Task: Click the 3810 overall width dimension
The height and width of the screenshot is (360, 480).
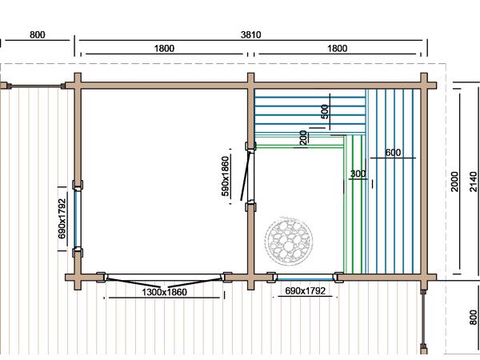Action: coord(250,34)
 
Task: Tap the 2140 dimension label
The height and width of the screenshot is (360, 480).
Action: coord(474,182)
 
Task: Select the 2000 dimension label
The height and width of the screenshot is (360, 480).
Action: coord(454,182)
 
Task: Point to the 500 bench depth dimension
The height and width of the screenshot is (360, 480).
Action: coord(325,112)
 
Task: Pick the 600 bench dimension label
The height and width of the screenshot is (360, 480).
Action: coord(393,153)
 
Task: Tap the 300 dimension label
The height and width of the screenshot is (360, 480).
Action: coord(358,174)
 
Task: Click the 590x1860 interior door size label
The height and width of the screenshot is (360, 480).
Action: coord(225,176)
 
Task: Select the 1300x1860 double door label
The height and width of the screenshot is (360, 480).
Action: coord(164,292)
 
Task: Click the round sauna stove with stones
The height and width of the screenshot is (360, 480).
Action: coord(289,241)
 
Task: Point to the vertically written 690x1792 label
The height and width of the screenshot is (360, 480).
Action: coord(62,218)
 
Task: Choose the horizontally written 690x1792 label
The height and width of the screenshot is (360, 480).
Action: coord(306,290)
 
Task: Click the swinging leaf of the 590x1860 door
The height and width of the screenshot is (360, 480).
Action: coord(246,176)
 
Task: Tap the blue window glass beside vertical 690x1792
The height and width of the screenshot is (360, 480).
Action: coord(76,219)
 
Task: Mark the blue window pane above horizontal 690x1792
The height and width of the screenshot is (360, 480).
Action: coord(306,279)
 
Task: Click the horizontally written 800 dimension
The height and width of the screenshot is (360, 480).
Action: coord(38,34)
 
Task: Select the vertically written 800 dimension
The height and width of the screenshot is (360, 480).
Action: coord(474,318)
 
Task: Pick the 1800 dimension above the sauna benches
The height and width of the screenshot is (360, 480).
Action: coord(337,48)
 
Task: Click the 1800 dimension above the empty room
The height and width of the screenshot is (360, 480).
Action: coord(164,48)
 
